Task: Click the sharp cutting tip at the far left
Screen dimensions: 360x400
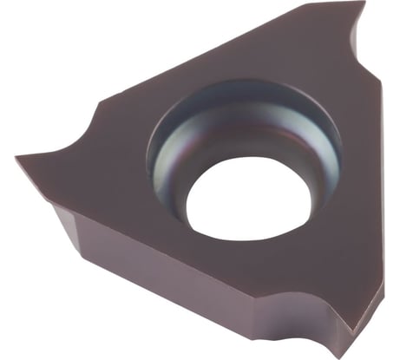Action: pyautogui.click(x=17, y=159)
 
